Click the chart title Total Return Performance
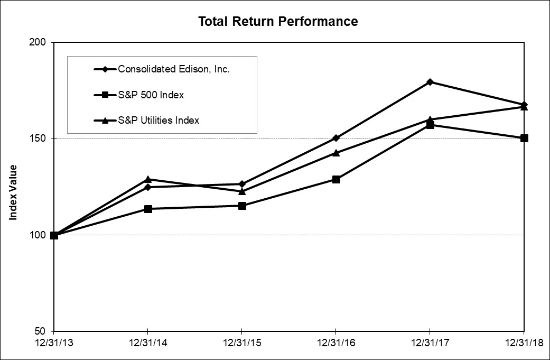[278, 22]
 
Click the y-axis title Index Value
[14, 191]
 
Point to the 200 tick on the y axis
[40, 42]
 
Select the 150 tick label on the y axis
[40, 139]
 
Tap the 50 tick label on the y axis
[42, 331]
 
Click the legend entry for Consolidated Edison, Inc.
[173, 69]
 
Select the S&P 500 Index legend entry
[151, 95]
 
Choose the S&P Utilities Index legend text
[159, 120]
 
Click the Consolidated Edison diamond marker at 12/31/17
[430, 82]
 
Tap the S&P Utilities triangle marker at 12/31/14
[148, 179]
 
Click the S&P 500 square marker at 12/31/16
[336, 179]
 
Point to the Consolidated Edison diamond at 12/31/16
[336, 138]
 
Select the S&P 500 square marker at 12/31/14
[148, 209]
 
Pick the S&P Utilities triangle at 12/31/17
[430, 119]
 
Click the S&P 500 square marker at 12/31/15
[242, 206]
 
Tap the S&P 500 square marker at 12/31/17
[430, 125]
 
